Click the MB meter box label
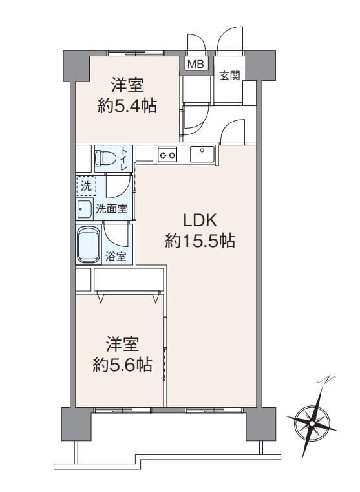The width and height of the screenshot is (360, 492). point(196,64)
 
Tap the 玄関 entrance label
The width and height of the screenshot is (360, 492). point(230,75)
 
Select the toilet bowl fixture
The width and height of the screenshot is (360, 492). point(105,158)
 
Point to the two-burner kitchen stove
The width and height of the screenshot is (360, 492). point(167,155)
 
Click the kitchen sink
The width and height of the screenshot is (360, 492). point(202,154)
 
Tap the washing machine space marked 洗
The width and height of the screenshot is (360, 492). point(86,186)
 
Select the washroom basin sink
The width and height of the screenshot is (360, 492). point(85,209)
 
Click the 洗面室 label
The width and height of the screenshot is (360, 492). point(112,209)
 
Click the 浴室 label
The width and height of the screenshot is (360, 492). point(116,257)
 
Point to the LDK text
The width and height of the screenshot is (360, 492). point(200,220)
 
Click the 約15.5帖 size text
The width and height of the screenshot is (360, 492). point(200,241)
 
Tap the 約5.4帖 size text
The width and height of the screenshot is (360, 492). point(127,106)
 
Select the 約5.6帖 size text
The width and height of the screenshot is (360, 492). point(123,365)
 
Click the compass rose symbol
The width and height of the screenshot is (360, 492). point(312,423)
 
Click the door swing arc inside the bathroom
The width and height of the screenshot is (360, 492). point(115,236)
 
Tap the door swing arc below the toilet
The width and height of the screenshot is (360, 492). point(118,186)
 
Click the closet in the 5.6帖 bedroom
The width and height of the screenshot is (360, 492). point(129,280)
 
